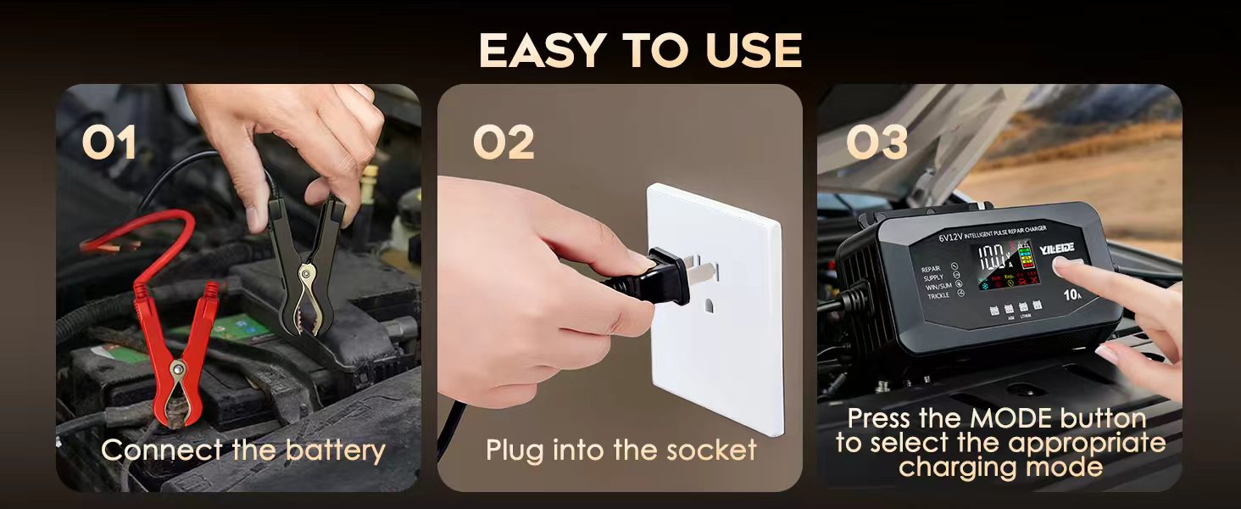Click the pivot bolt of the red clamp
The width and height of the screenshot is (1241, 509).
[178, 369]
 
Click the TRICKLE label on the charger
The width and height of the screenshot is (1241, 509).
[938, 296]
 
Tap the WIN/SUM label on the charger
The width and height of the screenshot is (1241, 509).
[938, 287]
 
